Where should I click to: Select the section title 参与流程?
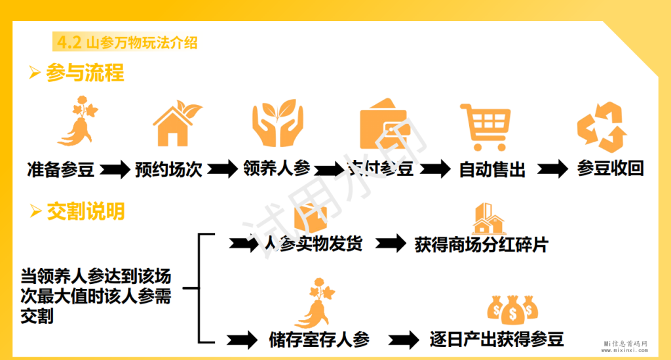(x=85, y=73)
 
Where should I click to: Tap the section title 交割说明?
(x=86, y=212)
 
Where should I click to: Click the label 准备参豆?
(x=61, y=169)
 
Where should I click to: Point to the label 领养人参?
(x=276, y=169)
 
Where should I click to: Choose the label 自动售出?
(x=492, y=170)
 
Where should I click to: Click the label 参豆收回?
(x=610, y=169)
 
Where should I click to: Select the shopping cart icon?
(x=485, y=125)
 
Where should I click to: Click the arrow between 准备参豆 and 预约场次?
(x=115, y=169)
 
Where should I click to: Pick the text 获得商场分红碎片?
(x=481, y=245)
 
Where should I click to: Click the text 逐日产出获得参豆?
(x=497, y=339)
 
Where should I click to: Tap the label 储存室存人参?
(x=319, y=340)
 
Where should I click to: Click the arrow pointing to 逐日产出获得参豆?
(x=403, y=340)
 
